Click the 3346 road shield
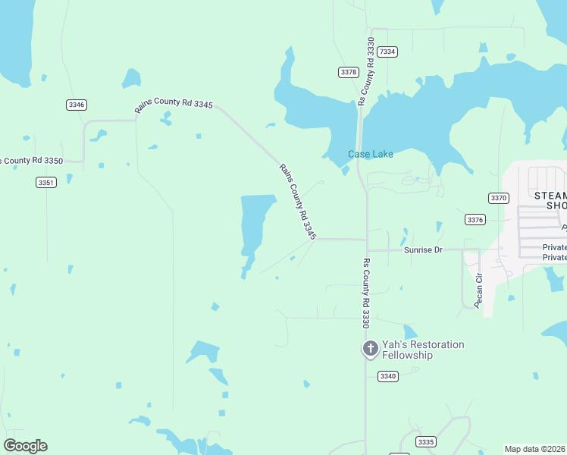(x=76, y=105)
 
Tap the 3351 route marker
(x=45, y=182)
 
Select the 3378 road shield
(x=348, y=72)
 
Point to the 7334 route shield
(x=387, y=52)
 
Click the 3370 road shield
(x=498, y=198)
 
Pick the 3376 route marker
(x=475, y=219)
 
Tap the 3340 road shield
(x=388, y=376)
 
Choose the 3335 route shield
(x=427, y=441)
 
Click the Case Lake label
(x=371, y=155)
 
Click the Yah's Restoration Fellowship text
(x=422, y=350)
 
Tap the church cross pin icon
(x=370, y=349)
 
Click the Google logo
(x=25, y=446)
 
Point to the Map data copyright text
(x=534, y=449)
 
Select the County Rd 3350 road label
(x=31, y=161)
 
